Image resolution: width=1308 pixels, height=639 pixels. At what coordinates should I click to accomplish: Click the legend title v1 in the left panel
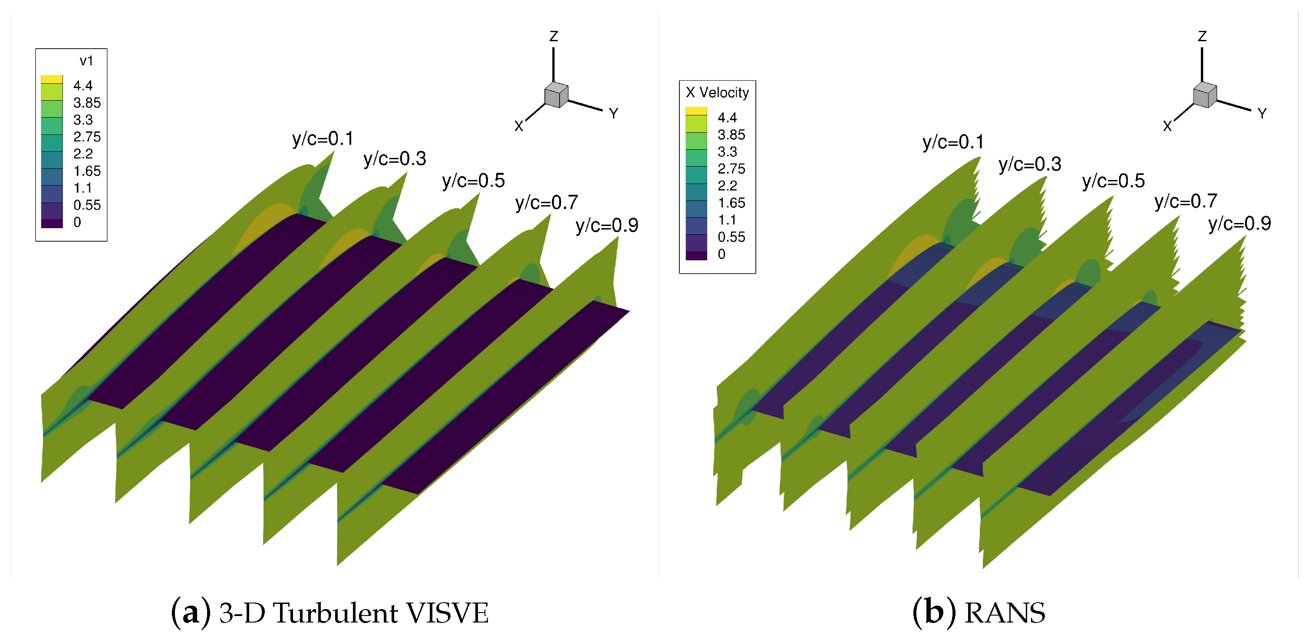click(86, 61)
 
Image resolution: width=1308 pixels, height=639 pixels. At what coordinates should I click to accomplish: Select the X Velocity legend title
click(717, 92)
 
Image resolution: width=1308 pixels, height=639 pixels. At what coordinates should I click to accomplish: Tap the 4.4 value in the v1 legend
click(83, 85)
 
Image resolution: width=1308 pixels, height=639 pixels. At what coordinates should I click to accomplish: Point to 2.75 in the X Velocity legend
click(731, 168)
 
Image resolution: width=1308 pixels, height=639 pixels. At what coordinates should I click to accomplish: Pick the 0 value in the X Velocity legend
click(722, 254)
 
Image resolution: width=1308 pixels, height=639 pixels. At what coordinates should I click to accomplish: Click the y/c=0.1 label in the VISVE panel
click(323, 138)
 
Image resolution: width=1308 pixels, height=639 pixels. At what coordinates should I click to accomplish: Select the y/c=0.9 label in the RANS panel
click(1239, 223)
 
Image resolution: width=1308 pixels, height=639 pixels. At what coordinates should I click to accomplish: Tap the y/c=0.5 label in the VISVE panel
click(473, 181)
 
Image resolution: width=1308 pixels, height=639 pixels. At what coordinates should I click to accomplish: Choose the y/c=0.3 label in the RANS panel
click(1030, 164)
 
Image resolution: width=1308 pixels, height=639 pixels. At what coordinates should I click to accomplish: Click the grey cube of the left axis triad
click(556, 95)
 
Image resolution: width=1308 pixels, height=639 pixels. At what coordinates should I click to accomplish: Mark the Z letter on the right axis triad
click(1202, 36)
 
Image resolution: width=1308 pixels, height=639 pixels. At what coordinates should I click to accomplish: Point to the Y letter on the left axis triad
click(613, 113)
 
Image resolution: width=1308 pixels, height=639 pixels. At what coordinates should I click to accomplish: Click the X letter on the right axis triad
click(1167, 126)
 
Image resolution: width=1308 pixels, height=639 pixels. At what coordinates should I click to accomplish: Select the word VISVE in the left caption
click(447, 613)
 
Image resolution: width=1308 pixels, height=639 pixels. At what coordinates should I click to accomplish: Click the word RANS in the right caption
click(1005, 613)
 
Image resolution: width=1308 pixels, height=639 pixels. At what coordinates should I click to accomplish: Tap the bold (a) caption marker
click(191, 613)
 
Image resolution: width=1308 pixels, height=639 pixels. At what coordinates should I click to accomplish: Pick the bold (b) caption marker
click(933, 613)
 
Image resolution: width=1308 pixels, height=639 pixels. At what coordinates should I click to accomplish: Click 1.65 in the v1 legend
click(87, 171)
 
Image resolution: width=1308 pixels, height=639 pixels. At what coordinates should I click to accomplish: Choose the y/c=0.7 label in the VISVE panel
click(547, 203)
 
